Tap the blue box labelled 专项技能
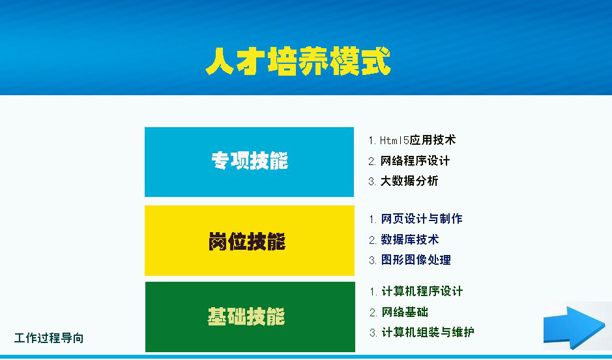pyautogui.click(x=249, y=162)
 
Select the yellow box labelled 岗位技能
pyautogui.click(x=249, y=241)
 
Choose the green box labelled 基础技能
pyautogui.click(x=249, y=317)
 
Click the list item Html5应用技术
pyautogui.click(x=418, y=140)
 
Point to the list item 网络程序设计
pyautogui.click(x=415, y=160)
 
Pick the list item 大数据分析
pyautogui.click(x=409, y=181)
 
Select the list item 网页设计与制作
pyautogui.click(x=422, y=219)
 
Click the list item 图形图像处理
pyautogui.click(x=416, y=260)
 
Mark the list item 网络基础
pyautogui.click(x=405, y=312)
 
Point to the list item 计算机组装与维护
pyautogui.click(x=428, y=333)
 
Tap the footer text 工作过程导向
pyautogui.click(x=49, y=338)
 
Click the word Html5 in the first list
pyautogui.click(x=394, y=140)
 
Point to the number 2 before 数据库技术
pyautogui.click(x=372, y=240)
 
